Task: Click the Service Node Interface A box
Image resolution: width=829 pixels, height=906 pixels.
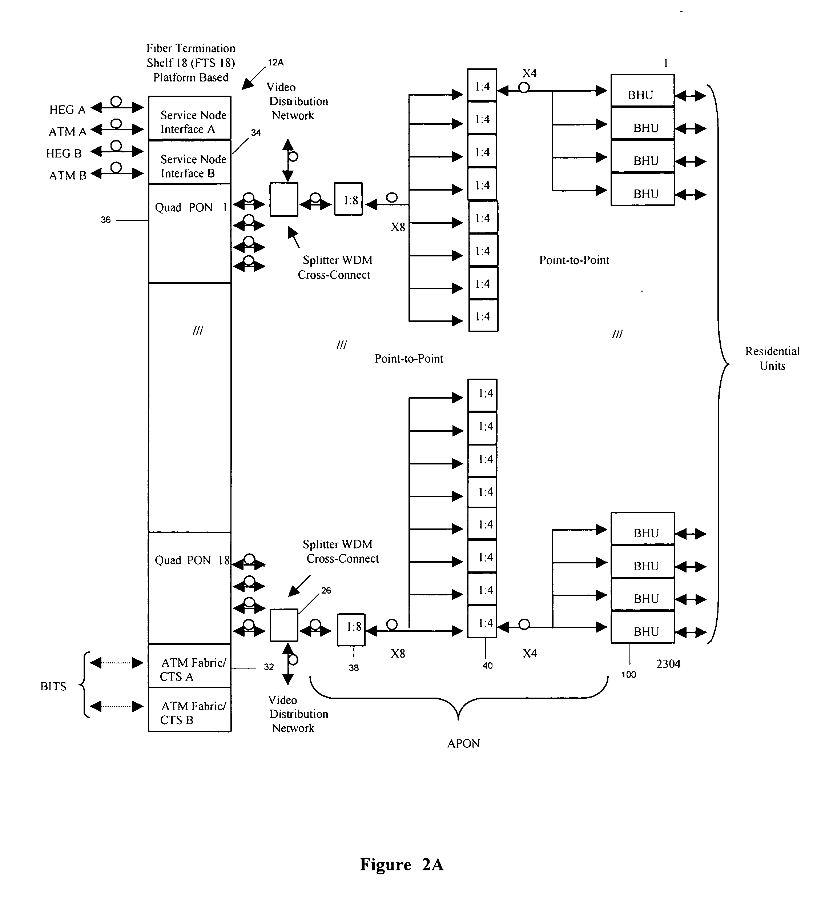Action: (x=189, y=118)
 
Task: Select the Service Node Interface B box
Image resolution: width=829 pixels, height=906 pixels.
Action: (x=189, y=162)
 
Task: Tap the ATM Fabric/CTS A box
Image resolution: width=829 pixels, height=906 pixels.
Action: (x=189, y=666)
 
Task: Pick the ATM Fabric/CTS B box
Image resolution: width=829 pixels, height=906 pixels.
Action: (x=189, y=709)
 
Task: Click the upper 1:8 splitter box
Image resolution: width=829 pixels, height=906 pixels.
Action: (x=349, y=199)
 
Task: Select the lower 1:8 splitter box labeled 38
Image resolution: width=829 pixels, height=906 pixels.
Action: (x=351, y=630)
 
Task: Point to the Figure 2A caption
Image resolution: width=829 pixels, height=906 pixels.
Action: (x=402, y=864)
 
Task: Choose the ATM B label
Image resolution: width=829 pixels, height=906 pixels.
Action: (x=67, y=175)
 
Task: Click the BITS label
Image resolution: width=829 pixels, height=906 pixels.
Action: (x=53, y=686)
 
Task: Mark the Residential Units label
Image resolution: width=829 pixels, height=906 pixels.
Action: (x=772, y=358)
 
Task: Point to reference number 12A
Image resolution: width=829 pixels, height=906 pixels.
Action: (x=276, y=63)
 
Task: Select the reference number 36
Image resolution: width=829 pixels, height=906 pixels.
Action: (x=105, y=220)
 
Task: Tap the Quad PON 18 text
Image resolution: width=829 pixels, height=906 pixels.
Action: (x=192, y=560)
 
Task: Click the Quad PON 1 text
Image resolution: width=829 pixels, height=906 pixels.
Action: (x=191, y=207)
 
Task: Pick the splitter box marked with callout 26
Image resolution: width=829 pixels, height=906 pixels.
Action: (x=284, y=625)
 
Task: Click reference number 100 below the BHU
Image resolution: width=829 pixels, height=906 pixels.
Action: (x=629, y=674)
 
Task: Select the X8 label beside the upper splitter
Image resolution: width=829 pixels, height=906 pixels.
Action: (x=398, y=227)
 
